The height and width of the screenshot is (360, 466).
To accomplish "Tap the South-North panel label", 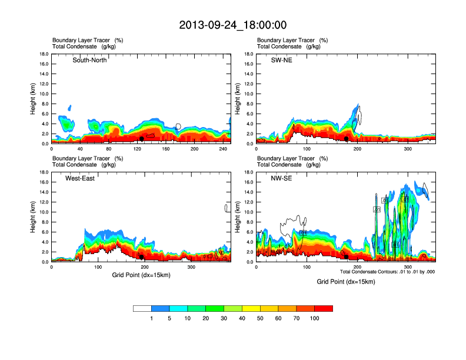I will click(x=89, y=60).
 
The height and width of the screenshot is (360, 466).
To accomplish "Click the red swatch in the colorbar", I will click(x=324, y=308).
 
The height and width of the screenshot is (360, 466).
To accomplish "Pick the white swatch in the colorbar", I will click(x=142, y=308).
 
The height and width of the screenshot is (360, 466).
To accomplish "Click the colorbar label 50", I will click(x=260, y=318).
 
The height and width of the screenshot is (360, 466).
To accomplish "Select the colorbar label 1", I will click(x=151, y=318).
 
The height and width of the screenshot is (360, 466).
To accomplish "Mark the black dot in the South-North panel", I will click(x=142, y=139).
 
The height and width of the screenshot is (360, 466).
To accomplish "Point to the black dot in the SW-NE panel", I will click(x=347, y=139).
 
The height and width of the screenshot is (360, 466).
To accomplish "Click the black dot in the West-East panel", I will click(x=142, y=257).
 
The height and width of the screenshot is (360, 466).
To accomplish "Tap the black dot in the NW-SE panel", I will click(x=347, y=257).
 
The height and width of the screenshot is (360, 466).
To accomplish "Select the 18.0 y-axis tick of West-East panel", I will click(x=44, y=172).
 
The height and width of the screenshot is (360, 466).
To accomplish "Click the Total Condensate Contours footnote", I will click(x=387, y=272).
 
